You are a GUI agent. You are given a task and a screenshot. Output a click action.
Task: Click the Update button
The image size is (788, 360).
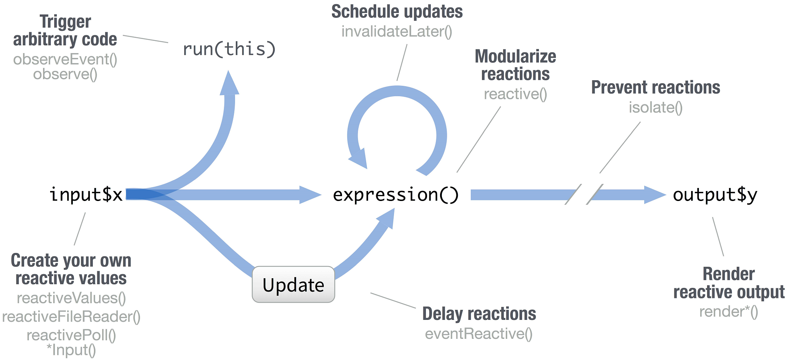pyautogui.click(x=293, y=285)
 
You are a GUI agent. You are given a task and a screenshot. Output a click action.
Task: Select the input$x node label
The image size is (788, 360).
pyautogui.click(x=86, y=194)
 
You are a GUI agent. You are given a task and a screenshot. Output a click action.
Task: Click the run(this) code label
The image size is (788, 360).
pyautogui.click(x=229, y=49)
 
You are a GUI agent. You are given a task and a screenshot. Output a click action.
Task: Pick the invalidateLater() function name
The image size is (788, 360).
pyautogui.click(x=397, y=32)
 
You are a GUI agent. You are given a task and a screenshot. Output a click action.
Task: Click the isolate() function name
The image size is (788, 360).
pyautogui.click(x=656, y=107)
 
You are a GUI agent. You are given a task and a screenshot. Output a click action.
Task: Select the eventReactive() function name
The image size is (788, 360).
pyautogui.click(x=479, y=334)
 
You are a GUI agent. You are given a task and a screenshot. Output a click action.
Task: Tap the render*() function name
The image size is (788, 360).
pyautogui.click(x=729, y=312)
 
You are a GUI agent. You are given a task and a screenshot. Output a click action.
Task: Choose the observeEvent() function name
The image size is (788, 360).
pyautogui.click(x=65, y=59)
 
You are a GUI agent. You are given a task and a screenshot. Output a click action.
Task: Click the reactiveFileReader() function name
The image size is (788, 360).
pyautogui.click(x=71, y=317)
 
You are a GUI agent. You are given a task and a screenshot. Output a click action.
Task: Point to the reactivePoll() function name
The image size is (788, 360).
pyautogui.click(x=71, y=335)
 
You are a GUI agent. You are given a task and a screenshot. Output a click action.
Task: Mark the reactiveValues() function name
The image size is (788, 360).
pyautogui.click(x=71, y=298)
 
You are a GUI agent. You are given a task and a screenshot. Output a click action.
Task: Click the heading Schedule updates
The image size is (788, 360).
pyautogui.click(x=397, y=12)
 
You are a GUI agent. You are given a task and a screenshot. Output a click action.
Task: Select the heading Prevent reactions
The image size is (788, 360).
pyautogui.click(x=656, y=87)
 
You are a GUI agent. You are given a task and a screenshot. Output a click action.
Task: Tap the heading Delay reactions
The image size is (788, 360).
pyautogui.click(x=479, y=314)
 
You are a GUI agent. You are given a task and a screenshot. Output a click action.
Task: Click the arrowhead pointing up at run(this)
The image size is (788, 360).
pyautogui.click(x=229, y=82)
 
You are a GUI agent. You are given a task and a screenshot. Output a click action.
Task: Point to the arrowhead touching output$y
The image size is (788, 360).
pyautogui.click(x=655, y=195)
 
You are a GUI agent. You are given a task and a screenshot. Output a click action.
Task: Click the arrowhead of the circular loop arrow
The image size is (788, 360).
pyautogui.click(x=358, y=159)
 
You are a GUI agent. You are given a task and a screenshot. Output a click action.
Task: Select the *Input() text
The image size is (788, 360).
pyautogui.click(x=71, y=350)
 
